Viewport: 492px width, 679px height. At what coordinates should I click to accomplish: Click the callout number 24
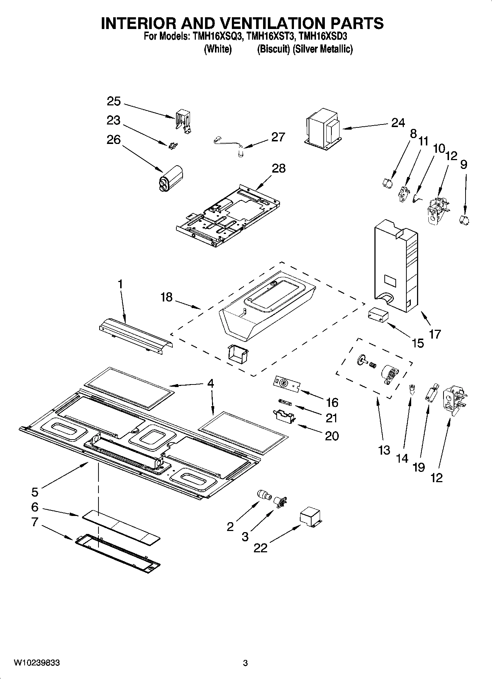[398, 123]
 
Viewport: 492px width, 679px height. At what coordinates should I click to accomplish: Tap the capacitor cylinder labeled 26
[170, 179]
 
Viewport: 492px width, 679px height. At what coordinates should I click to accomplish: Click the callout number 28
[279, 168]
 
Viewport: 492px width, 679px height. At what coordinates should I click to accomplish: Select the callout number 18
[166, 297]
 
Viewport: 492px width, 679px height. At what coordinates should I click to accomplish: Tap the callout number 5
[35, 491]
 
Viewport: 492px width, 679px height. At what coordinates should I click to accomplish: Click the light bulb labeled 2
[264, 495]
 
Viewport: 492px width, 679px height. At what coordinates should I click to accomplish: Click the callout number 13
[384, 449]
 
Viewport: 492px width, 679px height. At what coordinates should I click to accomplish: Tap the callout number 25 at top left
[114, 101]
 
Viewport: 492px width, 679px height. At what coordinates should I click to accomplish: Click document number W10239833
[37, 663]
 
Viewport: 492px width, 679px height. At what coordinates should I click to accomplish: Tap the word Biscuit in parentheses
[273, 49]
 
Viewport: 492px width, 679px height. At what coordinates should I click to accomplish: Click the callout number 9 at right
[464, 164]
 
